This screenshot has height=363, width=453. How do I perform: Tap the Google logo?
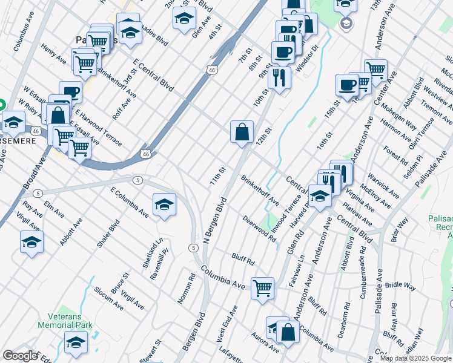point(20,356)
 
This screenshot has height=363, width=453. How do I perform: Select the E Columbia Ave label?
point(129,202)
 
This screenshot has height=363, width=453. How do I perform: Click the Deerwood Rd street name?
point(259,228)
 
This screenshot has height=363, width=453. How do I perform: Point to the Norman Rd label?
point(187,289)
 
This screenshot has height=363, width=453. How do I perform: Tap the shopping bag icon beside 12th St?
point(242,131)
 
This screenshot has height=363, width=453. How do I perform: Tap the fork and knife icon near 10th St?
point(279,77)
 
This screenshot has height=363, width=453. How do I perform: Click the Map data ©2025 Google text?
point(416,358)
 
